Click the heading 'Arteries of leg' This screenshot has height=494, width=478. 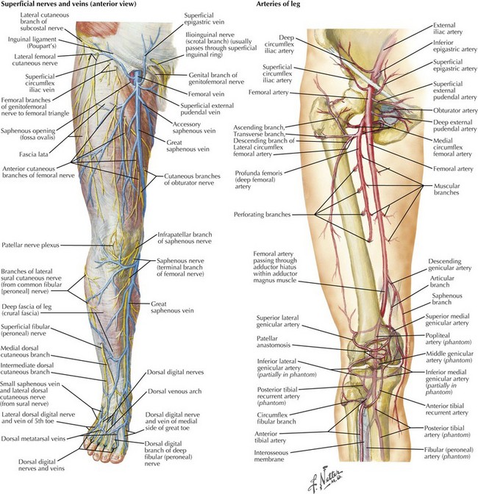[x=278, y=4]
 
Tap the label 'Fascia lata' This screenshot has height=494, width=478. [x=34, y=154]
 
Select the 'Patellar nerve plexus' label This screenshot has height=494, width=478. [x=30, y=245]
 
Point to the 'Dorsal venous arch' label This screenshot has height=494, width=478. [x=175, y=391]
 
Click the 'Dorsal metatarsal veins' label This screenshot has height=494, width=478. [x=33, y=439]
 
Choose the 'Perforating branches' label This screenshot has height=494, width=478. [x=262, y=215]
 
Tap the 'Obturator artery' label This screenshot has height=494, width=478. [x=455, y=110]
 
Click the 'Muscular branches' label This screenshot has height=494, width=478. [x=446, y=189]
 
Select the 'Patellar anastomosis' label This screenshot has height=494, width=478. [x=274, y=342]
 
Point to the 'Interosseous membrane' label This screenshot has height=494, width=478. [x=271, y=456]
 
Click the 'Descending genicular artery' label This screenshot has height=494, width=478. [x=449, y=265]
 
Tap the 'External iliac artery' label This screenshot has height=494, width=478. [x=448, y=29]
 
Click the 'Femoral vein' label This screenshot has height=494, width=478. [x=206, y=94]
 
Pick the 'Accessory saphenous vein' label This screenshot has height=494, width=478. [x=194, y=127]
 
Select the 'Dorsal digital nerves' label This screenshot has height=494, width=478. [x=175, y=373]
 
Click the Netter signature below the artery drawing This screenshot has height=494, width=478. [x=325, y=479]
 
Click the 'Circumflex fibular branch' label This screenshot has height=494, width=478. [x=277, y=418]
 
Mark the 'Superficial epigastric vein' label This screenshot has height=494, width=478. [x=204, y=18]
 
